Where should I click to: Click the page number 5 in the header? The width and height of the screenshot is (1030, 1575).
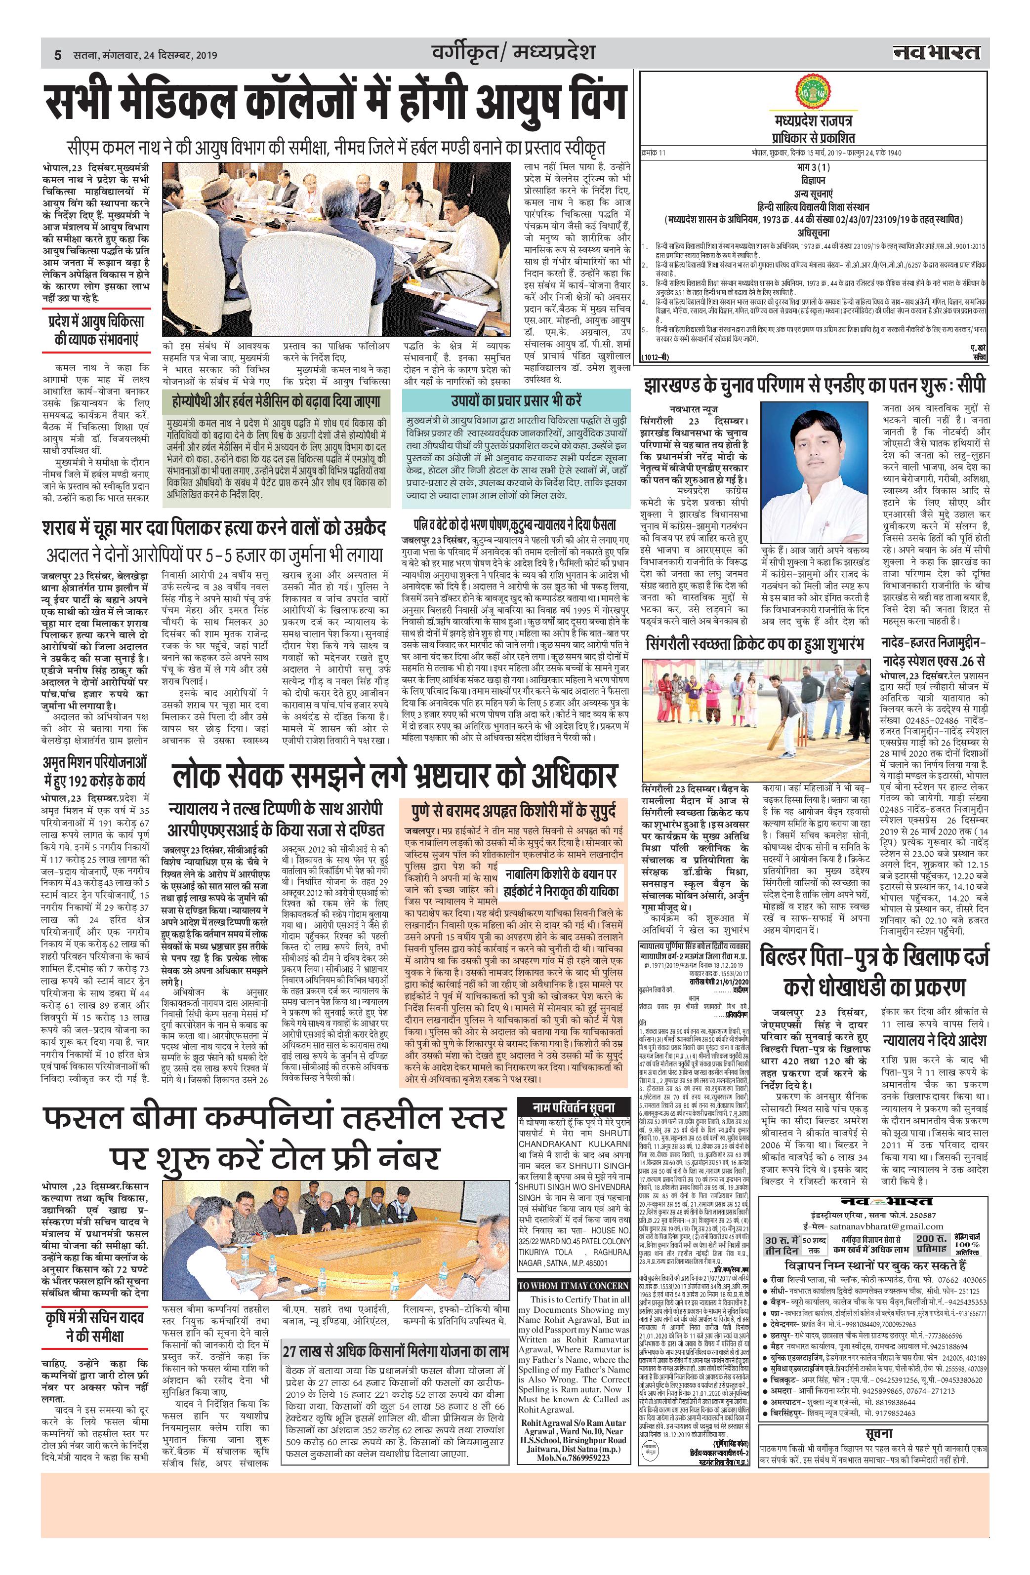tap(58, 56)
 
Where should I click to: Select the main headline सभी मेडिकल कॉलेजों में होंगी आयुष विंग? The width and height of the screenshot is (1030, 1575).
tap(335, 102)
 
